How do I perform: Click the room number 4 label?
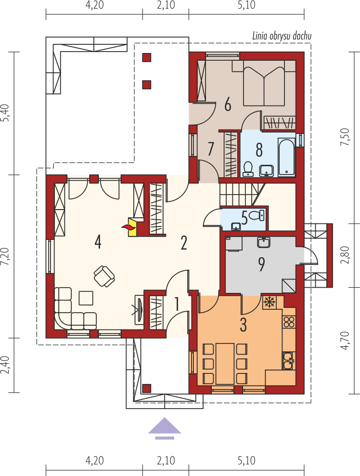click(97, 242)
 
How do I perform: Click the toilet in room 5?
click(257, 215)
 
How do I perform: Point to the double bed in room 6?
click(264, 82)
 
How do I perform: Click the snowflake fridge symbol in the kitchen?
click(268, 302)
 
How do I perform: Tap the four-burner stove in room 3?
click(289, 322)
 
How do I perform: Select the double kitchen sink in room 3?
click(289, 360)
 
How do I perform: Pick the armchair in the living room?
click(104, 276)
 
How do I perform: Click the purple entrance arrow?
click(165, 428)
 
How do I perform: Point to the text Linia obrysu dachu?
click(282, 36)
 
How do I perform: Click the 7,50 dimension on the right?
click(346, 137)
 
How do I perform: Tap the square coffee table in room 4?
click(86, 298)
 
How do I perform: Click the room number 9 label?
click(261, 264)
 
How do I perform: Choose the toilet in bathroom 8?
click(248, 169)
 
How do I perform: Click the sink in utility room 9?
click(264, 242)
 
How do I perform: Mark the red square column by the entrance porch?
click(147, 388)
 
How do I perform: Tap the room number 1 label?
click(177, 304)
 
